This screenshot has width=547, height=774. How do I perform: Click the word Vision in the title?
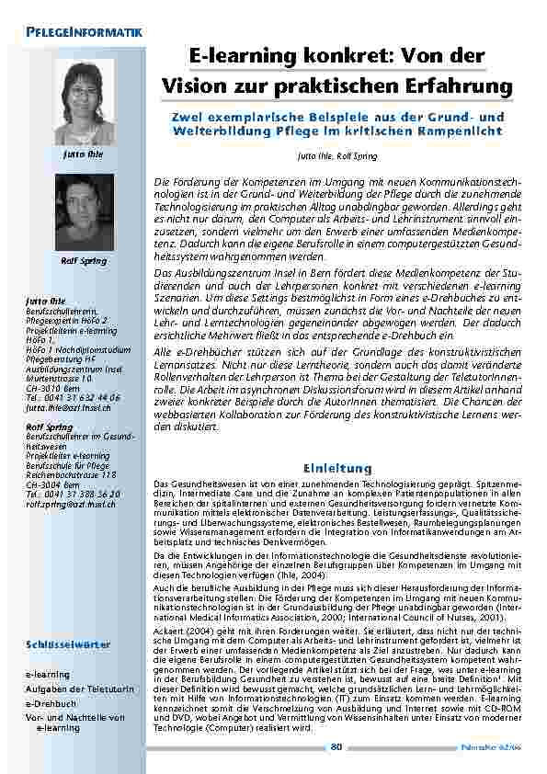(x=197, y=85)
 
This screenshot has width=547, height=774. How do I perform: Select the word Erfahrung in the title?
(x=457, y=85)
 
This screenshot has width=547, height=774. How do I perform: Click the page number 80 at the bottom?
(x=336, y=746)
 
